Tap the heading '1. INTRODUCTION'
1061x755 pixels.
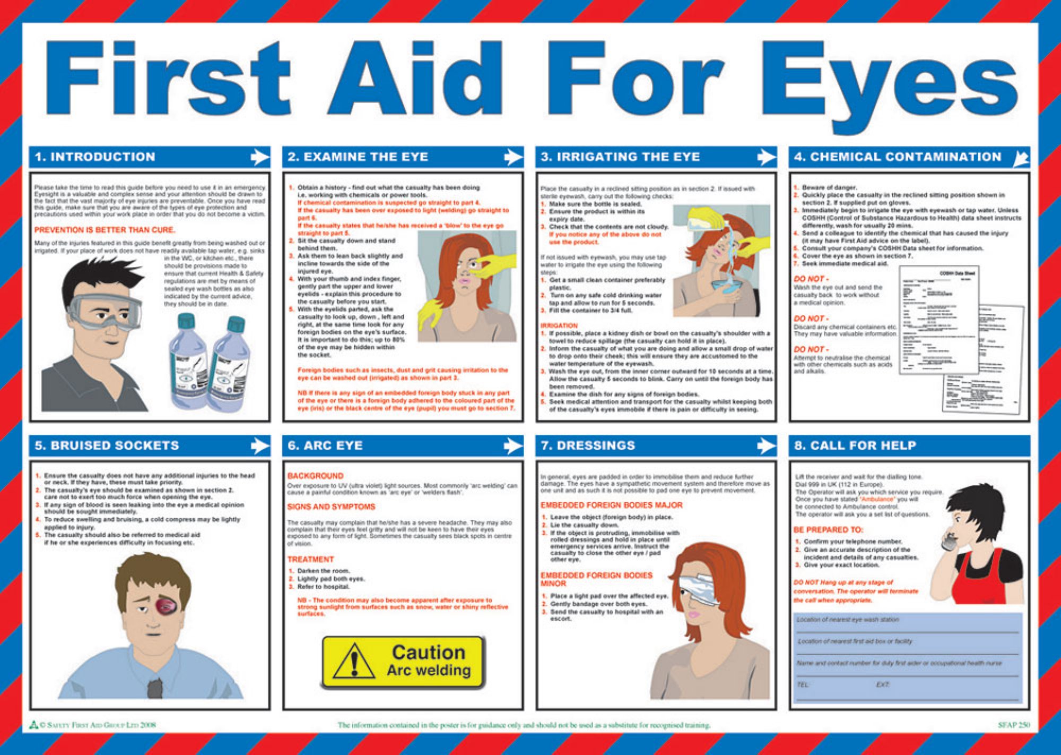(x=95, y=157)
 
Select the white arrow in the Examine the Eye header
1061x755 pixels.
(x=512, y=157)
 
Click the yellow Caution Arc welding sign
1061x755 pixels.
(x=403, y=662)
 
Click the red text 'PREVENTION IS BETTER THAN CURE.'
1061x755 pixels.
(x=105, y=230)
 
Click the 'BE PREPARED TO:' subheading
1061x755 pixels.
(x=828, y=530)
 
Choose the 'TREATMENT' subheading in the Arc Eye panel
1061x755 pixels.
(x=310, y=560)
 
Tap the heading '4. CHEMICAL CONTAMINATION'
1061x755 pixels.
(x=897, y=157)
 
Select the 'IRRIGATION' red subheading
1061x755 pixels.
(x=559, y=325)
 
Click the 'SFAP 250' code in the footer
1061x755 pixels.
(x=1013, y=725)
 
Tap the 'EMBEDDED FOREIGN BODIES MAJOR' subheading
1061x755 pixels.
(x=611, y=505)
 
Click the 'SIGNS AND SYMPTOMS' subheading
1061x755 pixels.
(x=331, y=507)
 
